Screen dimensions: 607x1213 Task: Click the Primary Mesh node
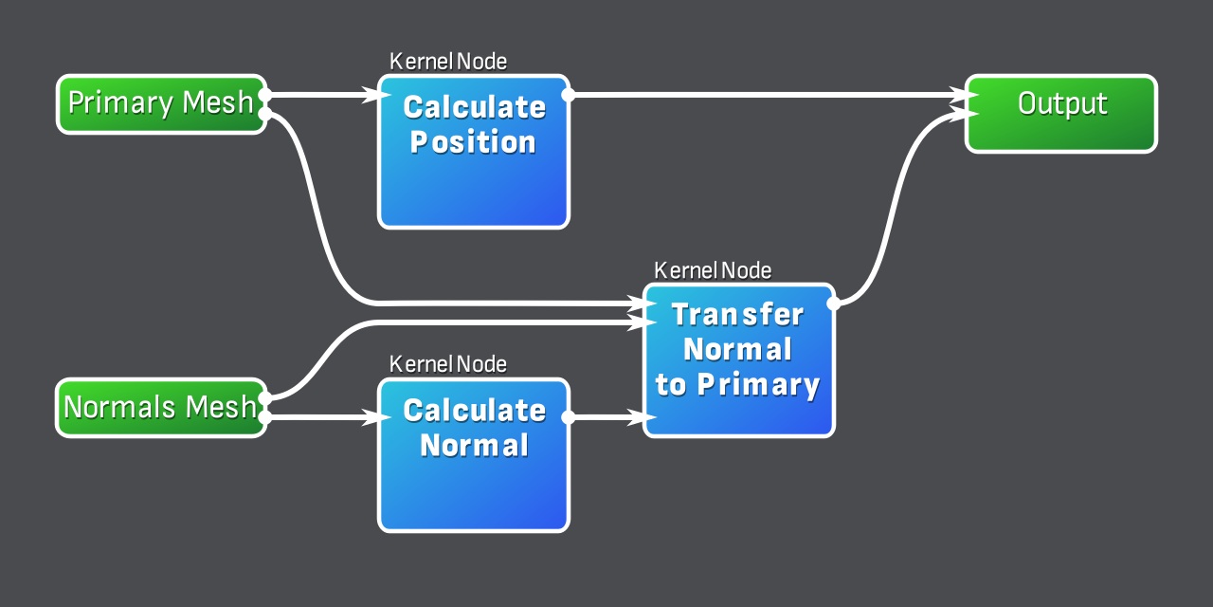[x=161, y=104]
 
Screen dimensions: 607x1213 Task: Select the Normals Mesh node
[x=159, y=408]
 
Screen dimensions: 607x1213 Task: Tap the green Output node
[x=1061, y=114]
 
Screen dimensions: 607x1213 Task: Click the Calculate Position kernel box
[x=474, y=152]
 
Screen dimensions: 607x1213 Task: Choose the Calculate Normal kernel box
[x=474, y=455]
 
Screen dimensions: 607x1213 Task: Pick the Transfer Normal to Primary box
[x=739, y=360]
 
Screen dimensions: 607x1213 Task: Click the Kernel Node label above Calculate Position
[x=448, y=62]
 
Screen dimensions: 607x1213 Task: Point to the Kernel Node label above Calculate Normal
[x=448, y=364]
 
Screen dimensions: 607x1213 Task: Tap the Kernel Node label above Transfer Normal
[x=713, y=270]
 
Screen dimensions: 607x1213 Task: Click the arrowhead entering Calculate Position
[x=371, y=95]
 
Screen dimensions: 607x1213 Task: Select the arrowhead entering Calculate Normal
[x=371, y=417]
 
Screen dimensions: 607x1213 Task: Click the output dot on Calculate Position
[x=569, y=95]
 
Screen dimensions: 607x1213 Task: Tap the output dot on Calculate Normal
[x=569, y=417]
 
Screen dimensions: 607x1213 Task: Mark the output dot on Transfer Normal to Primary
[x=834, y=303]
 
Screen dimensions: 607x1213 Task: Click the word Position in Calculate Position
[x=474, y=142]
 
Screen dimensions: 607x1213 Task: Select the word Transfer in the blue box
[x=738, y=314]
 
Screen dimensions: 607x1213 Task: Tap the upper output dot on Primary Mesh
[x=265, y=95]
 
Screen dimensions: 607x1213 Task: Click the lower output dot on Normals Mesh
[x=265, y=417]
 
